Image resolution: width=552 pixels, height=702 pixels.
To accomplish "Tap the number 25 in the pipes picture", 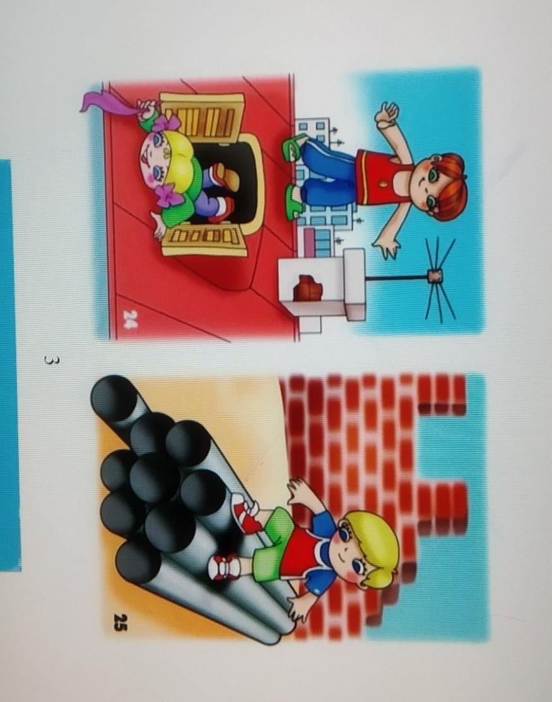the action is click(119, 622).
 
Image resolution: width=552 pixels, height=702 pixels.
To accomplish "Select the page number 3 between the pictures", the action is click(50, 360).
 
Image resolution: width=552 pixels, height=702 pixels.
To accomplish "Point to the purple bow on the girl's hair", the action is click(167, 195).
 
